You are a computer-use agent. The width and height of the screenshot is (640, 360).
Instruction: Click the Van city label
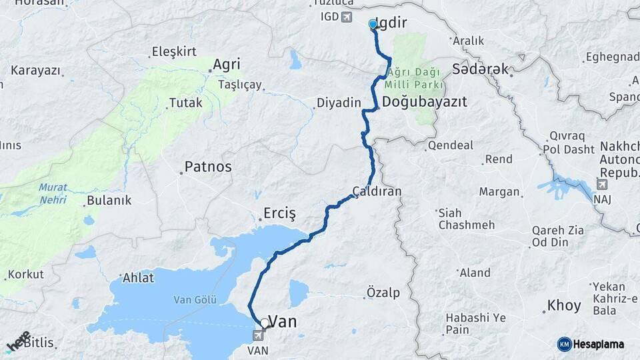tap(283, 321)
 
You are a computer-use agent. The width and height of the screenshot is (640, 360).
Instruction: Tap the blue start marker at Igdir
tap(373, 25)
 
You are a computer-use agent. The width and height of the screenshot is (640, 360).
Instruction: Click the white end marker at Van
tap(265, 323)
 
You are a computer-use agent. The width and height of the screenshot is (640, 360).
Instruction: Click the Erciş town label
tap(279, 213)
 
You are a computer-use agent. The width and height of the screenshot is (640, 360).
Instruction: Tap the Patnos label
tap(208, 167)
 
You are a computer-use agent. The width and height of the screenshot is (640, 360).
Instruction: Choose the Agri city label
tap(226, 65)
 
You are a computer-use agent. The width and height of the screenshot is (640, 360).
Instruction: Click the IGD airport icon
tap(346, 17)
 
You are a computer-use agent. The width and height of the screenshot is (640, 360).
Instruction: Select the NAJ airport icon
tap(603, 185)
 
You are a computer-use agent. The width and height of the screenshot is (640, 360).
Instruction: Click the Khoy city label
tap(564, 306)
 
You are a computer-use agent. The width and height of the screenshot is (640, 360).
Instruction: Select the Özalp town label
tap(383, 293)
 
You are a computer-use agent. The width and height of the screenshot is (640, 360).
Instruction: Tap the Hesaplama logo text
tap(598, 344)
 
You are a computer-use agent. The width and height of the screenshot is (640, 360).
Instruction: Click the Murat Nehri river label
tap(52, 193)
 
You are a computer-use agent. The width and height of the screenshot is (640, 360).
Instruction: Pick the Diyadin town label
tap(338, 103)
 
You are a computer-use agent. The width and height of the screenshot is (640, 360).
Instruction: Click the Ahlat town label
tap(139, 277)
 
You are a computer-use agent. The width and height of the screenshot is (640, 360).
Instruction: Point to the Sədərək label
tap(480, 69)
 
